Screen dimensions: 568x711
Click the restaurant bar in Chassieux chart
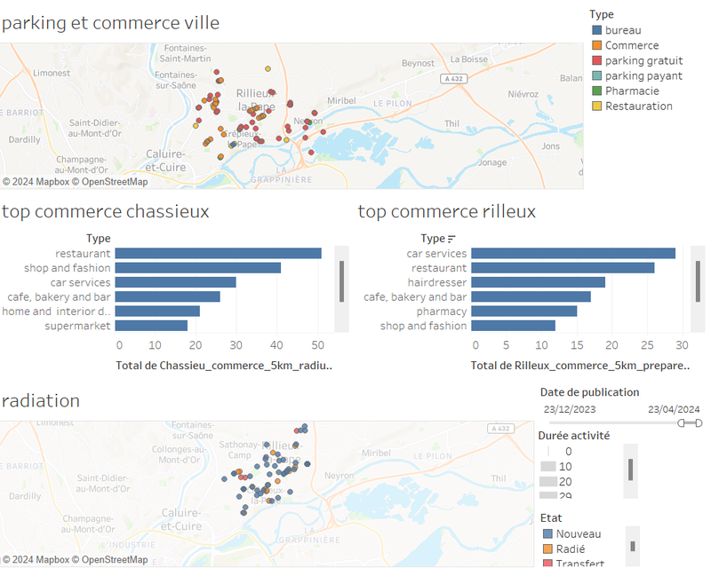pyautogui.click(x=218, y=253)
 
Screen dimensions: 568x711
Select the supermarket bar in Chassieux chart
pyautogui.click(x=151, y=326)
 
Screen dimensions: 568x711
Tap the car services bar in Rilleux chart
pyautogui.click(x=572, y=253)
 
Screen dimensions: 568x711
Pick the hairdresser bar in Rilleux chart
pyautogui.click(x=538, y=282)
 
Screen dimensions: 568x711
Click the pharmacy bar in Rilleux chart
pyautogui.click(x=523, y=312)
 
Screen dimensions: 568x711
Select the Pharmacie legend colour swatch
pyautogui.click(x=596, y=91)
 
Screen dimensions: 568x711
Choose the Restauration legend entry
pyautogui.click(x=638, y=106)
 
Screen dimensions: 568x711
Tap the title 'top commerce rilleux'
pyautogui.click(x=446, y=211)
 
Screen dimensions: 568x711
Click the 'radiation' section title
pyautogui.click(x=41, y=400)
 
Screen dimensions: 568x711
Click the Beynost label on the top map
pyautogui.click(x=418, y=63)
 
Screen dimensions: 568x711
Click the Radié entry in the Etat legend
pyautogui.click(x=570, y=548)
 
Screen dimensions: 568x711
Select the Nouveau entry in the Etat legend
pyautogui.click(x=578, y=533)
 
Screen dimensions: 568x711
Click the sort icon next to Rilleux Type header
pyautogui.click(x=451, y=238)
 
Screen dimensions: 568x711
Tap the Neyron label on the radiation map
pyautogui.click(x=340, y=475)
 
